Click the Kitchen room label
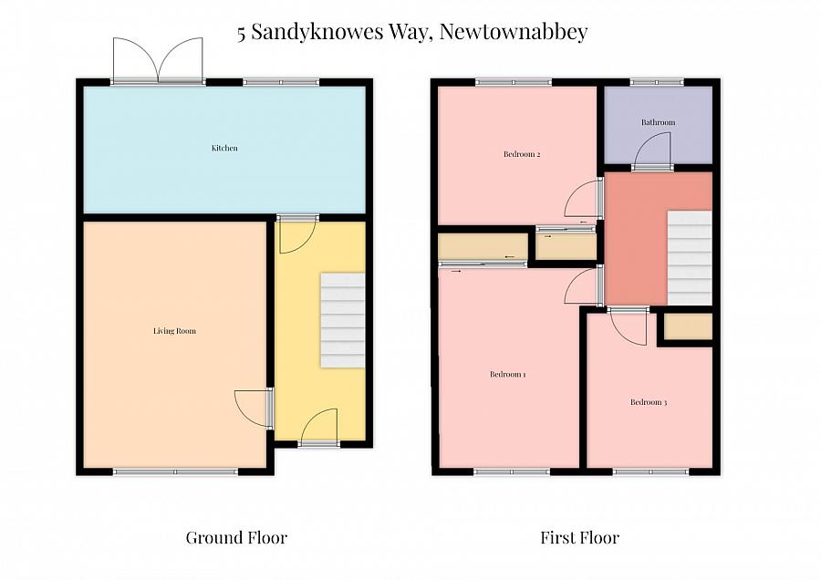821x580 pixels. pyautogui.click(x=224, y=148)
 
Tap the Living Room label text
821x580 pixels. pyautogui.click(x=174, y=330)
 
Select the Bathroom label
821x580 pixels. pyautogui.click(x=658, y=122)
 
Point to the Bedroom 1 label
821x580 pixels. pyautogui.click(x=507, y=374)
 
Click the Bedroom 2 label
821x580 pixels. pyautogui.click(x=522, y=154)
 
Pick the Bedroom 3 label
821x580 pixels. pyautogui.click(x=648, y=401)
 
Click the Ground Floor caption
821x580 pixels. pyautogui.click(x=236, y=537)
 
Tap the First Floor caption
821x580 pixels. pyautogui.click(x=579, y=537)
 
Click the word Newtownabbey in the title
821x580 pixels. pyautogui.click(x=513, y=32)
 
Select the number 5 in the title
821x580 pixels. pyautogui.click(x=242, y=33)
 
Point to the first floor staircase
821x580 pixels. pyautogui.click(x=690, y=257)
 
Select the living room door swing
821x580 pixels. pyautogui.click(x=253, y=407)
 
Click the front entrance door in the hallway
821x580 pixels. pyautogui.click(x=319, y=427)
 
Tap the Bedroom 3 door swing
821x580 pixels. pyautogui.click(x=629, y=326)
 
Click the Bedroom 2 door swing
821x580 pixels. pyautogui.click(x=582, y=199)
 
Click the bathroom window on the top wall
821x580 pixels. pyautogui.click(x=657, y=83)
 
